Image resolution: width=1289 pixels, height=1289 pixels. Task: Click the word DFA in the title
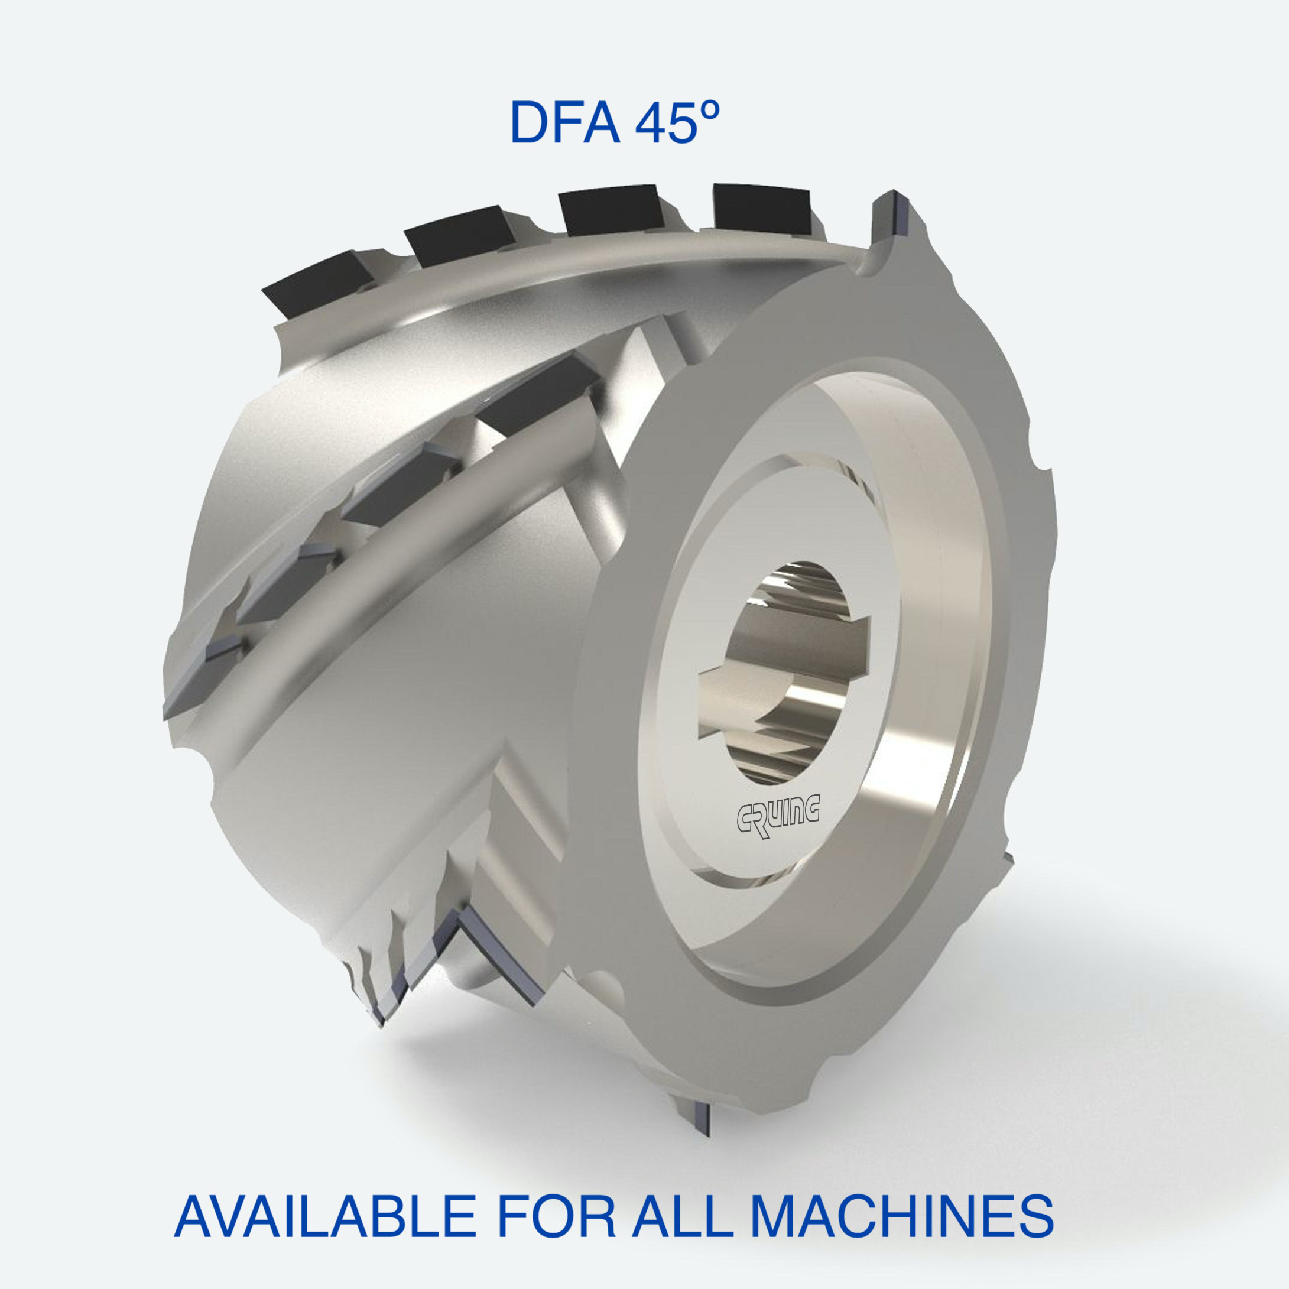coord(564,123)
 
